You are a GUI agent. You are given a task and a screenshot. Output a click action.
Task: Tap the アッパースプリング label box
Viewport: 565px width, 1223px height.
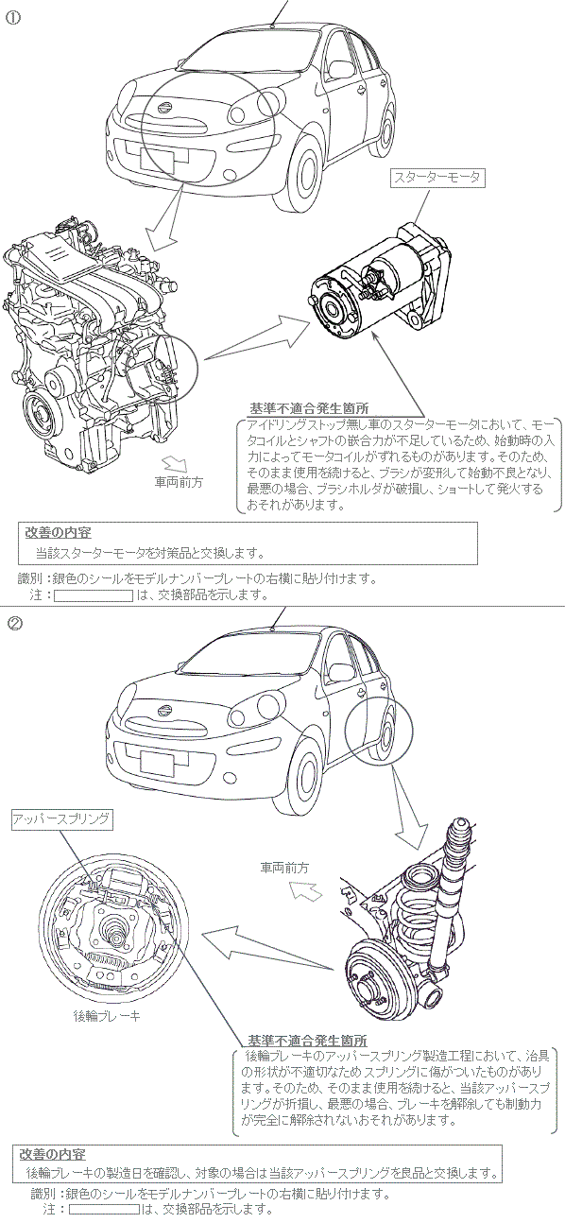point(62,819)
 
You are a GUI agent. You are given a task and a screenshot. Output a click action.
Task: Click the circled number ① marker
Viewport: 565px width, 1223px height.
point(13,17)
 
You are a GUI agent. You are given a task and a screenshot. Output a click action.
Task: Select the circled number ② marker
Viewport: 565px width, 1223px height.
point(14,623)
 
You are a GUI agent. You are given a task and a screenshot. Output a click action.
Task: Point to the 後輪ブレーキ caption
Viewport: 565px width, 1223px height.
point(107,1015)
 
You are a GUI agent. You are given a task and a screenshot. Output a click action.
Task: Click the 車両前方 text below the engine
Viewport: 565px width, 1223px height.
point(179,482)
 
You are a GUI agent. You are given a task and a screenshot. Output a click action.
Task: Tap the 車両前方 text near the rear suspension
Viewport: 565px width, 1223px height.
point(284,867)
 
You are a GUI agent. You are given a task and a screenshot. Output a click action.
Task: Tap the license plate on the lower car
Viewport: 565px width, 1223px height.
point(157,762)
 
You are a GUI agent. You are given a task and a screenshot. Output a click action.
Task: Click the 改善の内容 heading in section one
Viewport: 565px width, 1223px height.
point(59,532)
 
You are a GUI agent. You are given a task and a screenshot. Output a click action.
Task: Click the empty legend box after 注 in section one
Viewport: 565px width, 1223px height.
point(94,595)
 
